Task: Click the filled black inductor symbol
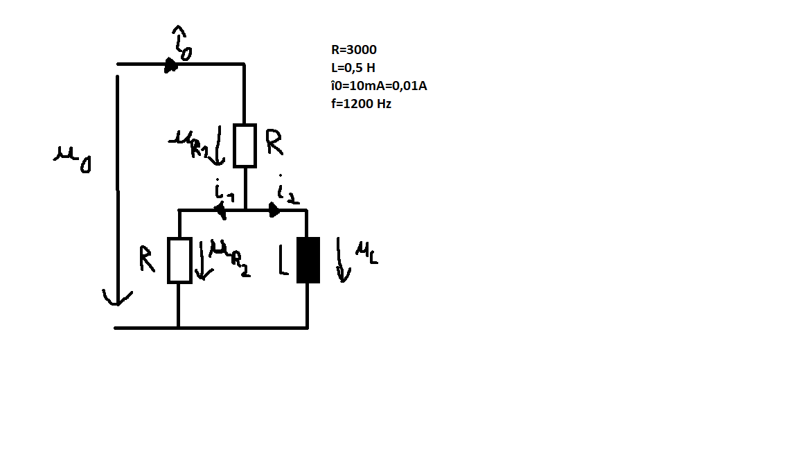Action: pos(308,260)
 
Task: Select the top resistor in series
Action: pos(245,146)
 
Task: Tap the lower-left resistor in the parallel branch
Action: pos(179,260)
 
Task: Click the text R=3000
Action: pos(354,49)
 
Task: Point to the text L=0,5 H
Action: pos(353,68)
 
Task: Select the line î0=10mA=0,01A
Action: pos(379,85)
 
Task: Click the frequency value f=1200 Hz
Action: pos(362,104)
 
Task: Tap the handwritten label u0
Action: pos(72,159)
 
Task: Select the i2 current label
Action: pos(288,191)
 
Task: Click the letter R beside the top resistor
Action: pos(274,142)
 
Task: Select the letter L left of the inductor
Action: pos(283,260)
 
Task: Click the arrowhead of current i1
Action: pos(220,210)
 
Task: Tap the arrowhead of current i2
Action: pos(274,210)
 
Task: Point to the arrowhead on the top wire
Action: pos(171,64)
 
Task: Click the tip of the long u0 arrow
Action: pos(118,306)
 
